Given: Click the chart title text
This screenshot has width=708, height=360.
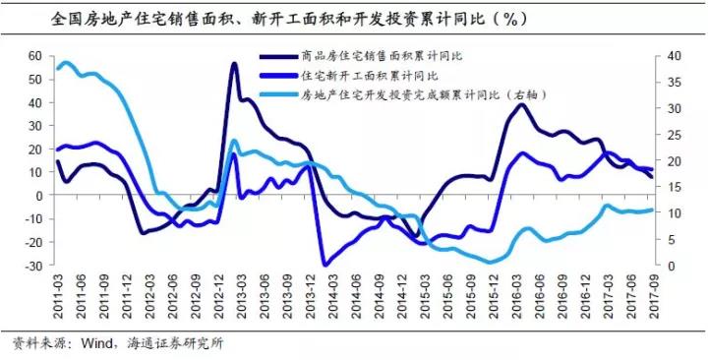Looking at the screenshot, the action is click(288, 20).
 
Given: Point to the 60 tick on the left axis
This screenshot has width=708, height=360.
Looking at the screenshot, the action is click(35, 56).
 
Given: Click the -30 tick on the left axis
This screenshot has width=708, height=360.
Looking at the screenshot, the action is click(33, 266).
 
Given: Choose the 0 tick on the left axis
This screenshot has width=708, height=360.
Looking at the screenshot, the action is click(38, 196).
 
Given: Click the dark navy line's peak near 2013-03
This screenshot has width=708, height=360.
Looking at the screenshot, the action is click(234, 64).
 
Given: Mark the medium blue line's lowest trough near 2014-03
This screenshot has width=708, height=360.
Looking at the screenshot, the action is click(325, 265).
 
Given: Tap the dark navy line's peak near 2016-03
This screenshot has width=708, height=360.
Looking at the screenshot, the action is click(521, 105).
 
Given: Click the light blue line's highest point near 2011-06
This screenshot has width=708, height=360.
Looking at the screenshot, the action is click(66, 63).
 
